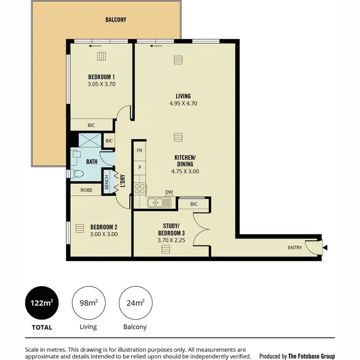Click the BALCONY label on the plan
116,20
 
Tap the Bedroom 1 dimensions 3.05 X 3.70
101,84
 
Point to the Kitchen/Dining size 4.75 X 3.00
184,171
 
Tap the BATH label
92,162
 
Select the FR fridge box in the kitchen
140,150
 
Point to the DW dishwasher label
168,192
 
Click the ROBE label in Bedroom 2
86,190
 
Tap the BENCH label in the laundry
107,182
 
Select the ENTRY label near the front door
295,248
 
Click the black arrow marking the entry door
326,248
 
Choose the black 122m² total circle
41,303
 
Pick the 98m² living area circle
88,303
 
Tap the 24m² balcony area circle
136,303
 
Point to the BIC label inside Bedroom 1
91,125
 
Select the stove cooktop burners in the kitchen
140,188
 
